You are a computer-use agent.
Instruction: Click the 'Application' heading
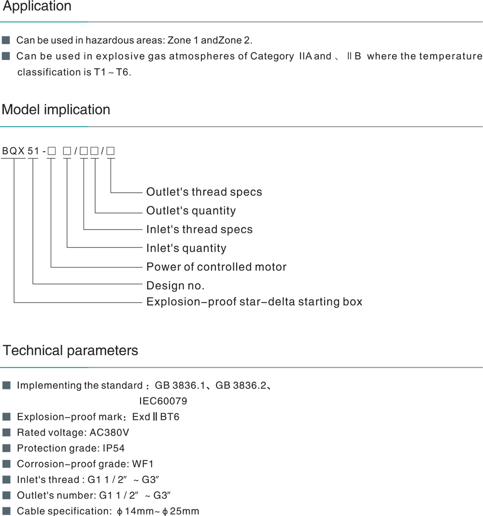pyautogui.click(x=37, y=7)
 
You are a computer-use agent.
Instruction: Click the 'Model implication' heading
pyautogui.click(x=56, y=110)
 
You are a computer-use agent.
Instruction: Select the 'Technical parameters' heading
pyautogui.click(x=71, y=350)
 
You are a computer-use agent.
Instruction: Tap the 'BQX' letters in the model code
pyautogui.click(x=14, y=151)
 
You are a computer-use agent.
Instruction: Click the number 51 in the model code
pyautogui.click(x=33, y=151)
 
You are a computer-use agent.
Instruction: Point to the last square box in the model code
pyautogui.click(x=111, y=151)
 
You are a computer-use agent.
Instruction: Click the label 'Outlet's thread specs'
pyautogui.click(x=204, y=192)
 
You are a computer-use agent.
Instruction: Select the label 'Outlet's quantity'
pyautogui.click(x=191, y=211)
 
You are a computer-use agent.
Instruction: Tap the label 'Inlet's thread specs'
pyautogui.click(x=199, y=229)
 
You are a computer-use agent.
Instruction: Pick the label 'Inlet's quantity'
pyautogui.click(x=186, y=248)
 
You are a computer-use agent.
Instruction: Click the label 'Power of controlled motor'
pyautogui.click(x=216, y=267)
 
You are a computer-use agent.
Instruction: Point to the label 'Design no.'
pyautogui.click(x=175, y=286)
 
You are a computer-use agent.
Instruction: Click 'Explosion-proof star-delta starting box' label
pyautogui.click(x=254, y=302)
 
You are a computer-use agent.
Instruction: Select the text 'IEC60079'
pyautogui.click(x=163, y=401)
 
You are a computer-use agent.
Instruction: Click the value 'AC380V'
pyautogui.click(x=109, y=432)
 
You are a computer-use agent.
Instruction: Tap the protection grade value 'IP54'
pyautogui.click(x=114, y=448)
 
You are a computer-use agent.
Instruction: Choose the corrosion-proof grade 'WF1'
pyautogui.click(x=143, y=464)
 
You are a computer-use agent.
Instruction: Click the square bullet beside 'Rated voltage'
pyautogui.click(x=6, y=432)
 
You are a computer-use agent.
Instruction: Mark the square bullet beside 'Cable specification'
pyautogui.click(x=6, y=511)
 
